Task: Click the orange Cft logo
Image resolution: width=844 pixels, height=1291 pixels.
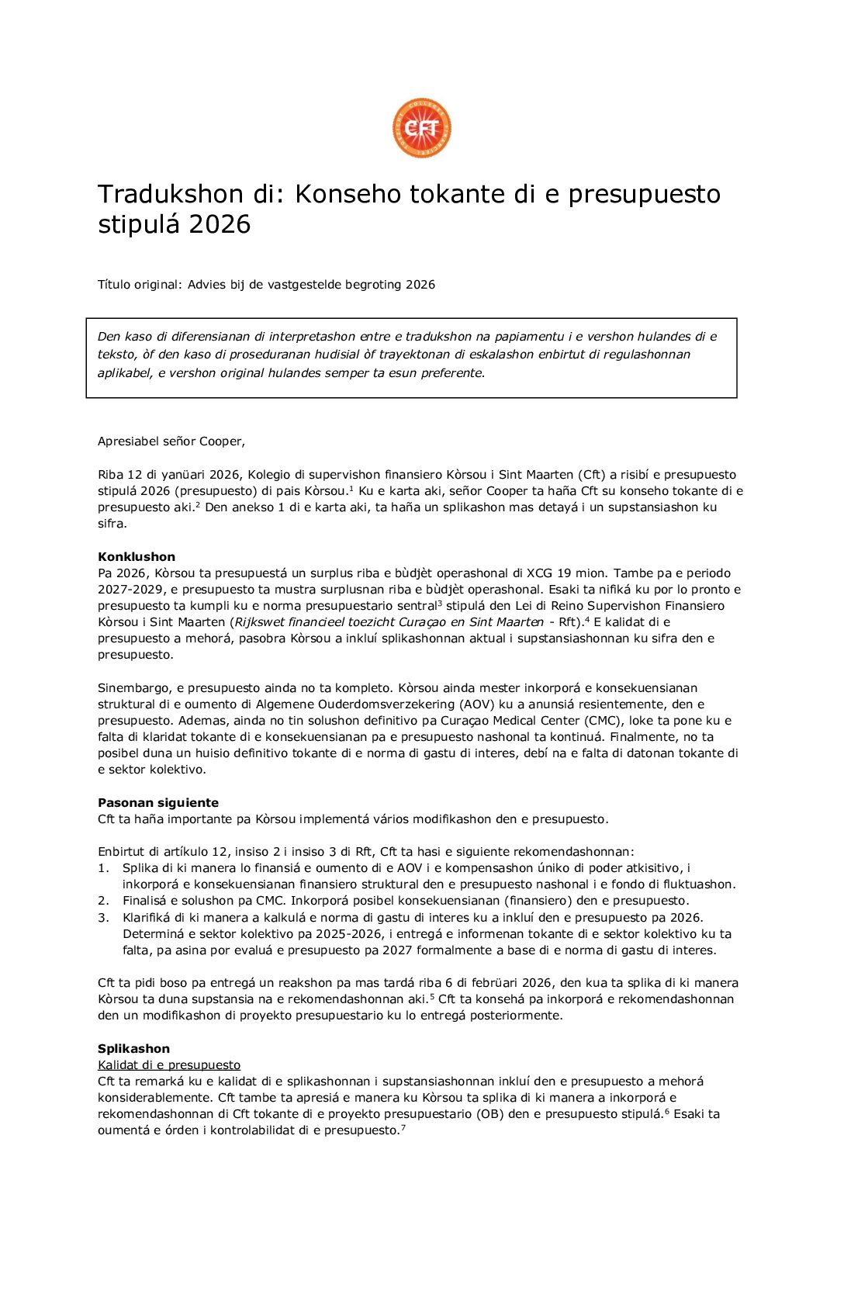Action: pos(421,128)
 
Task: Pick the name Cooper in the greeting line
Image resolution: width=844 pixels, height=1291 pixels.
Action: pos(220,441)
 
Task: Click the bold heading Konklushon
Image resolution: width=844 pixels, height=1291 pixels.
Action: pos(137,556)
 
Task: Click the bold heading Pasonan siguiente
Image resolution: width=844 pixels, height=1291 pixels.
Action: pos(158,803)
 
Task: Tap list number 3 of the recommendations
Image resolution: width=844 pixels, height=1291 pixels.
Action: pos(103,918)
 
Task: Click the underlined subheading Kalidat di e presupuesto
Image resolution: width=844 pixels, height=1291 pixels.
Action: pos(169,1065)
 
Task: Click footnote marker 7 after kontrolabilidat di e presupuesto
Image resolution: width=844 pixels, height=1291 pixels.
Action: pos(403,1127)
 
